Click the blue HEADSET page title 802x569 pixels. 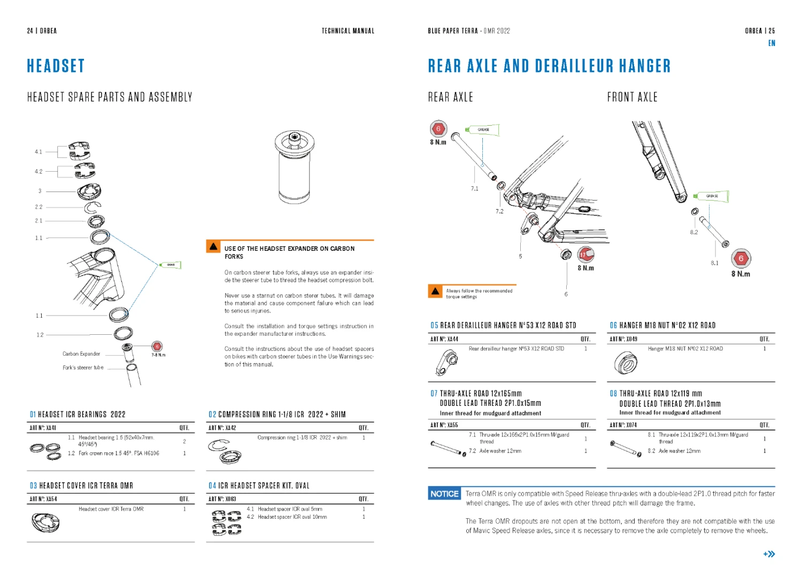pyautogui.click(x=56, y=66)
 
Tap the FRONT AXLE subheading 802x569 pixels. pyautogui.click(x=632, y=97)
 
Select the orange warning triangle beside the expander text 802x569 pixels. pyautogui.click(x=213, y=247)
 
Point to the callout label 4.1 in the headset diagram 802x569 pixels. pyautogui.click(x=38, y=152)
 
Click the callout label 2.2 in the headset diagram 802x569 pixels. pyautogui.click(x=38, y=207)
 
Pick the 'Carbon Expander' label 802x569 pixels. pyautogui.click(x=81, y=354)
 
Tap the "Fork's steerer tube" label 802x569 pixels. pyautogui.click(x=83, y=368)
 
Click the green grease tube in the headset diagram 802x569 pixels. pyautogui.click(x=171, y=265)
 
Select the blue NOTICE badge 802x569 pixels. pyautogui.click(x=444, y=494)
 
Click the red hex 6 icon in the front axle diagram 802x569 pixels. pyautogui.click(x=741, y=259)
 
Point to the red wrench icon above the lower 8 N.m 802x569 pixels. pyautogui.click(x=586, y=255)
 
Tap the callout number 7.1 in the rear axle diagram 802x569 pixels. pyautogui.click(x=474, y=189)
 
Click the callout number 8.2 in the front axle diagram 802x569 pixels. pyautogui.click(x=693, y=232)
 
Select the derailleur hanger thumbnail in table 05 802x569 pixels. pyautogui.click(x=446, y=363)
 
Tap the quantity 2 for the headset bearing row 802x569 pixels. pyautogui.click(x=184, y=441)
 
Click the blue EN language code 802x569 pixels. pyautogui.click(x=772, y=43)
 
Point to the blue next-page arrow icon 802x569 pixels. pyautogui.click(x=769, y=554)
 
